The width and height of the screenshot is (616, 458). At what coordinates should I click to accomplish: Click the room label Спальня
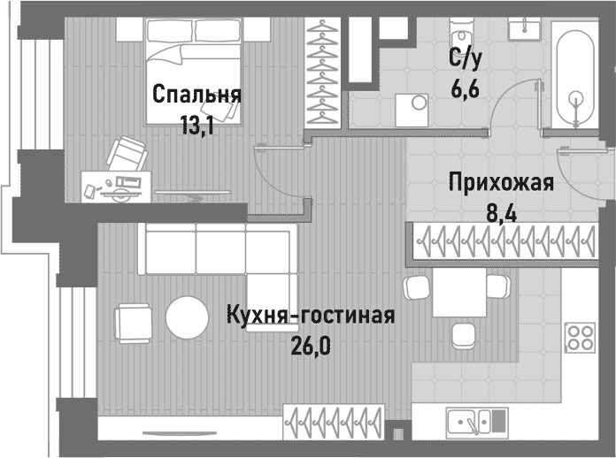tap(196, 94)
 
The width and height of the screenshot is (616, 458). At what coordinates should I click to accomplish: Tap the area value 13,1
tap(196, 125)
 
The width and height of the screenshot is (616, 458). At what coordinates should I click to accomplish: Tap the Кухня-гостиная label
tap(309, 316)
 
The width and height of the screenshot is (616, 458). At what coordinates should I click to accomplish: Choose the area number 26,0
tap(309, 345)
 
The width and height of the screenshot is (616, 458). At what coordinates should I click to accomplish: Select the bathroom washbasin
tap(525, 29)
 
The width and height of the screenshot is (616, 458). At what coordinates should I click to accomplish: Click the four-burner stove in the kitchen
tap(581, 336)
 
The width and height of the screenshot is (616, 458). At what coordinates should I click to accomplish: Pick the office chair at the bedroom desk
tap(127, 153)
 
